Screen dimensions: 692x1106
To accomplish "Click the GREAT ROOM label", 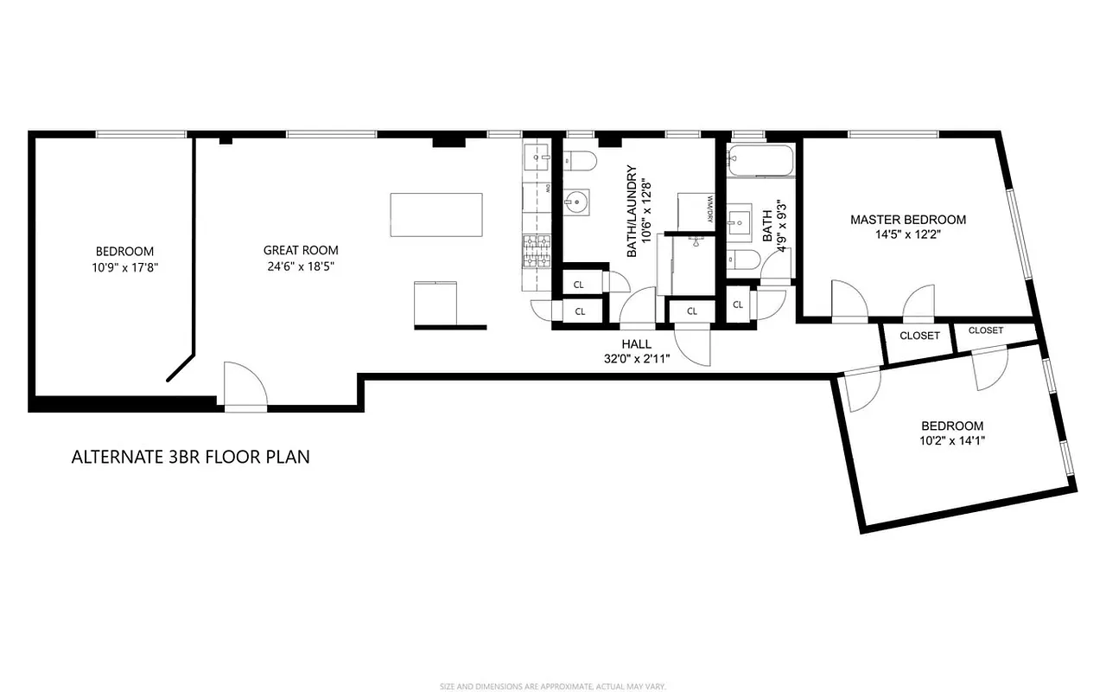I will pyautogui.click(x=300, y=251).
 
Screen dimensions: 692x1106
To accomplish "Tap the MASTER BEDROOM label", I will pyautogui.click(x=908, y=220).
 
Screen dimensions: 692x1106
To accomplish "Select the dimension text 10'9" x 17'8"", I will pyautogui.click(x=125, y=267).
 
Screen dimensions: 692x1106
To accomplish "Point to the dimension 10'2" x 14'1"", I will pyautogui.click(x=952, y=441).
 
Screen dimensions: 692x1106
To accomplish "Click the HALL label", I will pyautogui.click(x=638, y=343).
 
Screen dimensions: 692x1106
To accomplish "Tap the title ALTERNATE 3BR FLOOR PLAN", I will pyautogui.click(x=190, y=457).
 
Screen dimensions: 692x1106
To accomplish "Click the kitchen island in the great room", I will pyautogui.click(x=436, y=215).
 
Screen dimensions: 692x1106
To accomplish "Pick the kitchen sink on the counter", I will pyautogui.click(x=539, y=158).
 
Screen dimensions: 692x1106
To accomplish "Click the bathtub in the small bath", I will pyautogui.click(x=760, y=161).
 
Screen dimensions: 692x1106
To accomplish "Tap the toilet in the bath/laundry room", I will pyautogui.click(x=581, y=162).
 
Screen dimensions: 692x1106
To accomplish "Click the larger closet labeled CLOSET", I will pyautogui.click(x=919, y=336).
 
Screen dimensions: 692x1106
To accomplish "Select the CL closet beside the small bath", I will pyautogui.click(x=738, y=304).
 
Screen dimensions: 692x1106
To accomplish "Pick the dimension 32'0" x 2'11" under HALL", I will pyautogui.click(x=638, y=358).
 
